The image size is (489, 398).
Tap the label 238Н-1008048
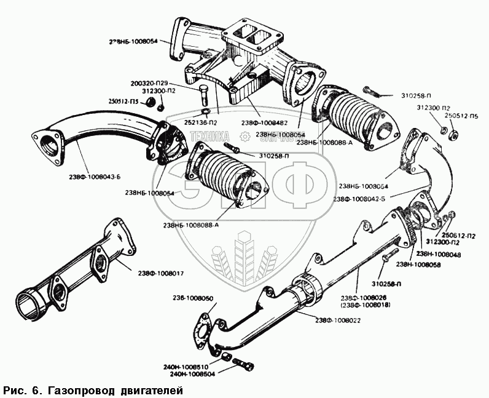[437, 254]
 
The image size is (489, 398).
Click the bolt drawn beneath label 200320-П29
[204, 97]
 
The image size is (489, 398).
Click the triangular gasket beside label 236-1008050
[203, 331]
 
